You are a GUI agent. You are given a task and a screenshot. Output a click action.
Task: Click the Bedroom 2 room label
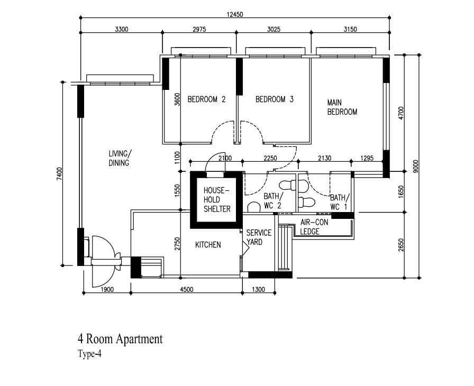tap(206, 99)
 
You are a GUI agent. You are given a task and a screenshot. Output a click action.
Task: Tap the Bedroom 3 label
tap(275, 99)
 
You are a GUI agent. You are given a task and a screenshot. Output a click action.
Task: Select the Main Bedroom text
tap(342, 107)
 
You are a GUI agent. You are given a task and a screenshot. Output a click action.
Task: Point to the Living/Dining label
tap(120, 158)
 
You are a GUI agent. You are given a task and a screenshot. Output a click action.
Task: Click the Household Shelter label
tap(217, 200)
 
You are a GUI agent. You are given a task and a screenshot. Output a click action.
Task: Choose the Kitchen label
tap(208, 245)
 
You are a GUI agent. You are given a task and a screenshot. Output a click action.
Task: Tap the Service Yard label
tap(259, 237)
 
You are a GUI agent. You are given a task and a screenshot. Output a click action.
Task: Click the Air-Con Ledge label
tap(314, 227)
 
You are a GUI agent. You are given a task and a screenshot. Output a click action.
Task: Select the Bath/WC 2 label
tap(274, 201)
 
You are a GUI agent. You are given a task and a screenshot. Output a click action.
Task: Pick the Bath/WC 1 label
tap(340, 203)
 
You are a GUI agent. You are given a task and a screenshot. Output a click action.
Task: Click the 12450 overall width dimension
tap(234, 14)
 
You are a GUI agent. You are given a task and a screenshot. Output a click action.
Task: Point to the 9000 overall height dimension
tap(416, 167)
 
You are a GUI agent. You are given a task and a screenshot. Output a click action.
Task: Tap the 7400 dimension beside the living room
tap(59, 174)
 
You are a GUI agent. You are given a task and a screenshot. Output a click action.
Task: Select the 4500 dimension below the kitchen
tap(187, 290)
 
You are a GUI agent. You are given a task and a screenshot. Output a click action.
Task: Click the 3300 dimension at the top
tap(122, 29)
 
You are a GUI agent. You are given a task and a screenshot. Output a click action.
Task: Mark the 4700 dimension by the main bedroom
tap(401, 113)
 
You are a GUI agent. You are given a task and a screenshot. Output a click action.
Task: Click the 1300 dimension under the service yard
tap(258, 290)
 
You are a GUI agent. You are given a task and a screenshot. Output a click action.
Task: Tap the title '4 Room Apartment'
tap(120, 339)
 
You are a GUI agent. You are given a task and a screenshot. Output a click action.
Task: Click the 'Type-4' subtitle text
tap(89, 354)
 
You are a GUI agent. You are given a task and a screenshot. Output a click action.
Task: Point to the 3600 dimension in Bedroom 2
tap(177, 99)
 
